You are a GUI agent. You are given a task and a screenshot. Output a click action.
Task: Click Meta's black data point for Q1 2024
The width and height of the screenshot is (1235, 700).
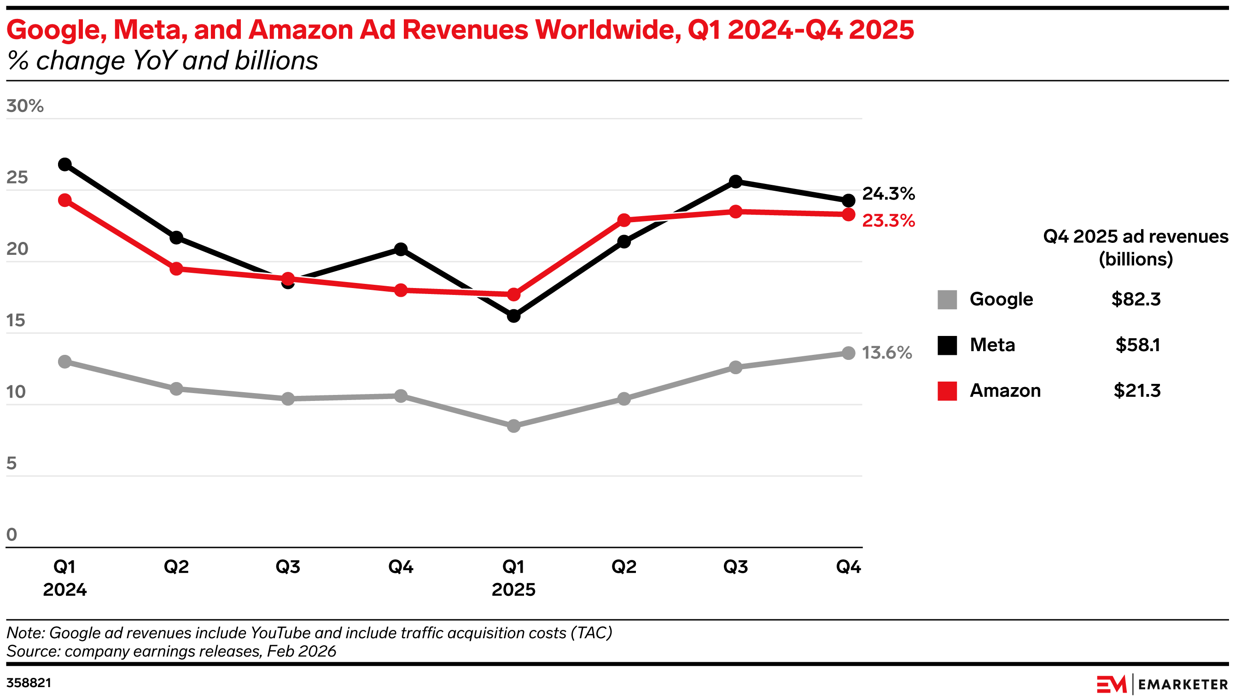pos(65,165)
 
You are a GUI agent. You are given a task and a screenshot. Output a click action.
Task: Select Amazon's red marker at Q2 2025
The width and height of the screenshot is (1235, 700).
pos(623,220)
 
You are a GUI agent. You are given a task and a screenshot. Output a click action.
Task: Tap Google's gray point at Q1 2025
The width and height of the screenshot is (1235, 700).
pos(513,425)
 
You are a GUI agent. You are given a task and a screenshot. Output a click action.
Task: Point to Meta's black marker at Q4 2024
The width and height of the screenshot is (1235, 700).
pos(401,249)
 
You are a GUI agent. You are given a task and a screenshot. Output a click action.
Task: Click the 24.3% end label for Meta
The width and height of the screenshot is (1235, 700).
pos(888,194)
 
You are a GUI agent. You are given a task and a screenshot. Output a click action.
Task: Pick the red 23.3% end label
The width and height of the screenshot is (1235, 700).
pos(888,221)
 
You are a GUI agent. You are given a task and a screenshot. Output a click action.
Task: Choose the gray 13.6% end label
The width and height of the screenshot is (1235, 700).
pos(887,353)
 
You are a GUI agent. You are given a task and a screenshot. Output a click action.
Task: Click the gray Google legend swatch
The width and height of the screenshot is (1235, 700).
pos(947,300)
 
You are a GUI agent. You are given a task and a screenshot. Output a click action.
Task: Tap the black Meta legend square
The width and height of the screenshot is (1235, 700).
pos(947,345)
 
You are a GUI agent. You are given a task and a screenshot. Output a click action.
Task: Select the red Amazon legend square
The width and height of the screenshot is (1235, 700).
pos(947,391)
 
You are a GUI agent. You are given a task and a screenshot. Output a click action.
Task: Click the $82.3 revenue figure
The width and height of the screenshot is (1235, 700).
pos(1136,300)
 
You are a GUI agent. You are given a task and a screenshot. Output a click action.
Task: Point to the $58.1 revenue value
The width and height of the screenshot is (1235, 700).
pos(1137,345)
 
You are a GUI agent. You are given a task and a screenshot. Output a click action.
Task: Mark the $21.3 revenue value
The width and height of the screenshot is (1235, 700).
pos(1136,391)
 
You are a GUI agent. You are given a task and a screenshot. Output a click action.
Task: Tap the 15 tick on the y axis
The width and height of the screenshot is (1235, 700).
pos(15,321)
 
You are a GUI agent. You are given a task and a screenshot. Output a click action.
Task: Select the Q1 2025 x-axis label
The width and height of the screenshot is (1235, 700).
pos(513,578)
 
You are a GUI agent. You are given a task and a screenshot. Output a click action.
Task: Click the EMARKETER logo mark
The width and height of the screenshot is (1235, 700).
pos(1112,684)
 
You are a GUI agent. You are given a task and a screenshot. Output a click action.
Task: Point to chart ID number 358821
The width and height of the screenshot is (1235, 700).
pos(29,683)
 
